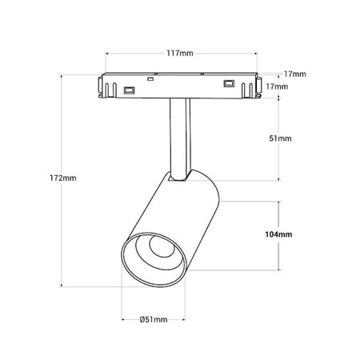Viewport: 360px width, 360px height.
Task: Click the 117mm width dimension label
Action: [x=180, y=54]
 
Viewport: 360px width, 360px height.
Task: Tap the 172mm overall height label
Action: [x=63, y=178]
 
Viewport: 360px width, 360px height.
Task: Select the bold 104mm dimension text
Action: [x=278, y=234]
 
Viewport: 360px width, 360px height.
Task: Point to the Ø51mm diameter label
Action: [x=154, y=319]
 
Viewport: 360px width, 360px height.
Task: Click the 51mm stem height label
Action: [x=280, y=138]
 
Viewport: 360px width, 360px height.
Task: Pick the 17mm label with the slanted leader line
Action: [x=294, y=74]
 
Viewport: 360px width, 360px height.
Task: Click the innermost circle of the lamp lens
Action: [x=162, y=246]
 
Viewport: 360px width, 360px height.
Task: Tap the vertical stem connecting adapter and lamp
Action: [x=180, y=138]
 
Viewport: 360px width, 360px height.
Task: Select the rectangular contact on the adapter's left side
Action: [x=129, y=90]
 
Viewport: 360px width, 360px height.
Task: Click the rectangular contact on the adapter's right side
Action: [x=229, y=83]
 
